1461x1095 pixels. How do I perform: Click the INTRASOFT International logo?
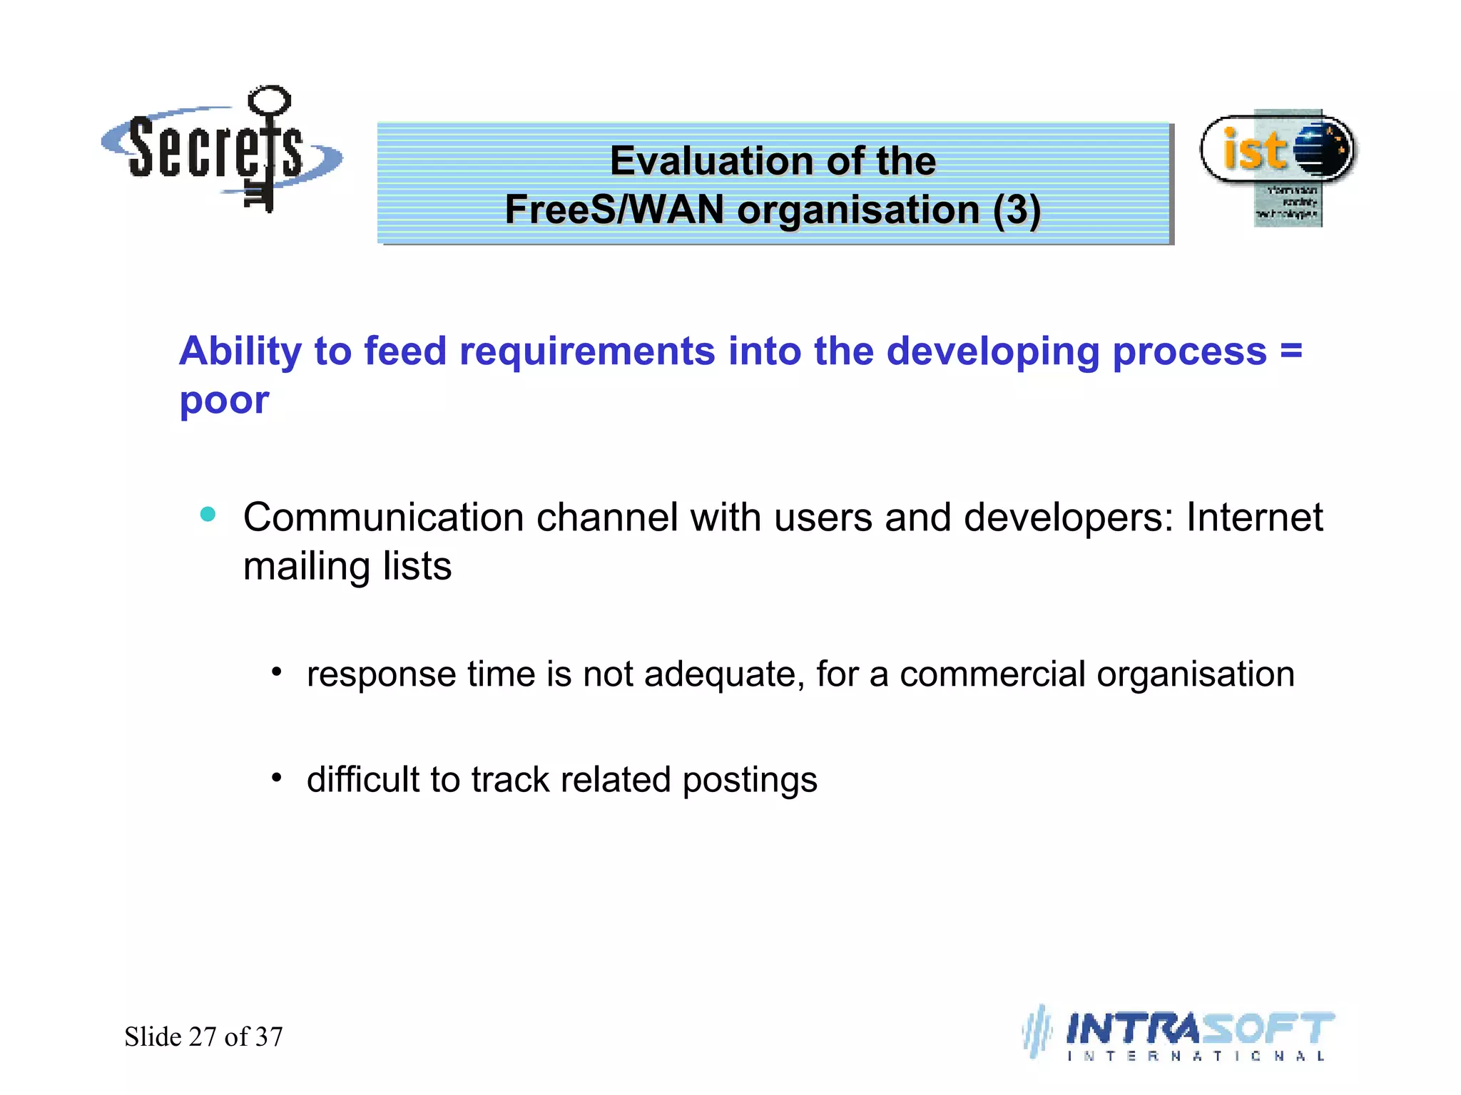point(1181,1034)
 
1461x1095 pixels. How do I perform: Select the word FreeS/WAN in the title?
point(614,210)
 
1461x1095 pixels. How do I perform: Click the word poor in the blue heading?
point(224,400)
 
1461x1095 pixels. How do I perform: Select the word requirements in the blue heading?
point(586,351)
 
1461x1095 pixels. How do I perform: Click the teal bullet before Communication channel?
point(208,514)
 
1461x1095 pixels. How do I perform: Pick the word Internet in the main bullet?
point(1254,518)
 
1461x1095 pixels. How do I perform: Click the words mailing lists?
point(347,567)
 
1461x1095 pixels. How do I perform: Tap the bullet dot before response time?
point(277,672)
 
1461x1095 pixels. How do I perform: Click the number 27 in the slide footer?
point(203,1037)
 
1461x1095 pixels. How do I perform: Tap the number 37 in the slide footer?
point(269,1037)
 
